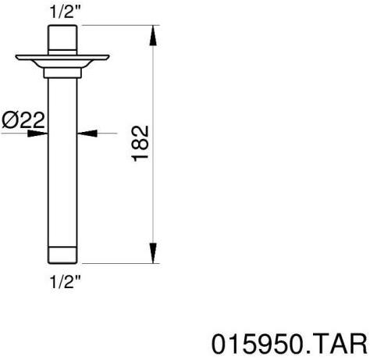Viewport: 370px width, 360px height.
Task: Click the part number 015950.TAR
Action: [288, 344]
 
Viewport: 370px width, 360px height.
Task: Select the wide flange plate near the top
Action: [63, 59]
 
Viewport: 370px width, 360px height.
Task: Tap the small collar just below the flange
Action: [63, 72]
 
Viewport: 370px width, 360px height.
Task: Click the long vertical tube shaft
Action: [63, 156]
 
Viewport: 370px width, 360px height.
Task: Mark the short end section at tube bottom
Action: [63, 255]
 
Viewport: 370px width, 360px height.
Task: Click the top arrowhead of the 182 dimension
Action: [151, 31]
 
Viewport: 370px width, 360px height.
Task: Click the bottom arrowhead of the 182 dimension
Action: [151, 257]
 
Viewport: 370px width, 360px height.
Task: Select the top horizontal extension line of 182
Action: [117, 27]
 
